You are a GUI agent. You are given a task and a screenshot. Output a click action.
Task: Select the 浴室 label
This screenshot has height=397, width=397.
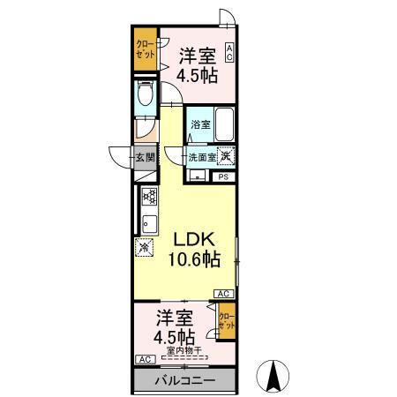[200, 124]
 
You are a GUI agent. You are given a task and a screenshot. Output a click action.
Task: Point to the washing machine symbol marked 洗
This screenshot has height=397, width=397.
[226, 156]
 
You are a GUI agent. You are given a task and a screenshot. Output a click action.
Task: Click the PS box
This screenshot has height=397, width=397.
[223, 176]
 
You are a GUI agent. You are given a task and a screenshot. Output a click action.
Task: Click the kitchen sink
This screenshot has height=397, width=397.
[149, 221]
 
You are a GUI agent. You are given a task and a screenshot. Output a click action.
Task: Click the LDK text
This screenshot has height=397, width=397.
[193, 239]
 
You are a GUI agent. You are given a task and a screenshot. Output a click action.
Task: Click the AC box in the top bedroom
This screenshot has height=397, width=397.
[229, 52]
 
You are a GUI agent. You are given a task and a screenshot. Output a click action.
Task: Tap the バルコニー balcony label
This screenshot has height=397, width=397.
[184, 380]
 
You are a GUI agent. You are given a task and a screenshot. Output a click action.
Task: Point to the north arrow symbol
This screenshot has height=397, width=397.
[273, 377]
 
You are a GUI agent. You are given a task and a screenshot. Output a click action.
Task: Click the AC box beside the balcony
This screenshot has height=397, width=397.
[143, 359]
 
